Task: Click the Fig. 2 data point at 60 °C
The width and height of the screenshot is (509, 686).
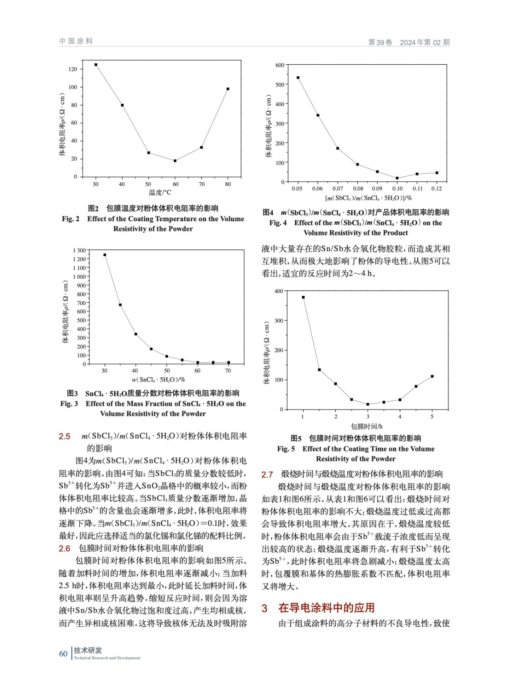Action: tap(175, 161)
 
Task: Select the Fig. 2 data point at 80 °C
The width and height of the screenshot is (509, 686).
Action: tap(228, 89)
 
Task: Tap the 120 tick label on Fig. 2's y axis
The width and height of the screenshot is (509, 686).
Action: tap(73, 69)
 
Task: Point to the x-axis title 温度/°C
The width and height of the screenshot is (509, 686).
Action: tap(160, 193)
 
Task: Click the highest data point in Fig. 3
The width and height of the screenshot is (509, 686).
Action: tap(105, 255)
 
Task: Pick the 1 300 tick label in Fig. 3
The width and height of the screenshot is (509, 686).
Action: tap(79, 250)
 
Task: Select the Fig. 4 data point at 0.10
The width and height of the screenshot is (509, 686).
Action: tap(397, 178)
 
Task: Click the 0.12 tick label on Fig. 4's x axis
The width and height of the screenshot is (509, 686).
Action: tap(437, 189)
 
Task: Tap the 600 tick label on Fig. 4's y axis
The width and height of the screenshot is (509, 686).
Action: tap(280, 65)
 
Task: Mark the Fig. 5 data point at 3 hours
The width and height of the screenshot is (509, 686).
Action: tap(367, 404)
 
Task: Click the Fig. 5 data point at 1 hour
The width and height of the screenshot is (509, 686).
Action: tap(303, 297)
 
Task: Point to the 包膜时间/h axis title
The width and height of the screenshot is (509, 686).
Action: tap(367, 426)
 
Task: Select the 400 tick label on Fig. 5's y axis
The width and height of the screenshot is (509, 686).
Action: tap(278, 291)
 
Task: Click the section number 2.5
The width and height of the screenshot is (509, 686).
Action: tap(64, 436)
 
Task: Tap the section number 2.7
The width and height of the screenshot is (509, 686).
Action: tap(267, 475)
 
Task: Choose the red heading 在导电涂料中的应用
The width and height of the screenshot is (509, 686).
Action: tap(326, 608)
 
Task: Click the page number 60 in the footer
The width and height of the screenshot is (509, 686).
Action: tap(63, 654)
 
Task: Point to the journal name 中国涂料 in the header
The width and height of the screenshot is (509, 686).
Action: tap(76, 41)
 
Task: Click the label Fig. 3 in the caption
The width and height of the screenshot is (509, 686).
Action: tap(69, 403)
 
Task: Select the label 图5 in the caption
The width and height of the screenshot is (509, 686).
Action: tap(296, 438)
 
